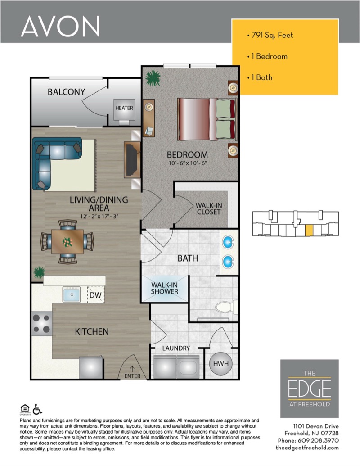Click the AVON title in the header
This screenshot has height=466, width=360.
pos(60,26)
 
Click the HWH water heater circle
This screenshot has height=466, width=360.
pos(220,363)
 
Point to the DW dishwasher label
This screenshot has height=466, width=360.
pos(95,295)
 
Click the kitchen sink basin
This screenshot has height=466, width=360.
pos(72,294)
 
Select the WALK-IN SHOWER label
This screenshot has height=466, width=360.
pos(165,288)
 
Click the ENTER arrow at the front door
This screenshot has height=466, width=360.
pos(132,369)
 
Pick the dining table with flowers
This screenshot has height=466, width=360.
pos(67,242)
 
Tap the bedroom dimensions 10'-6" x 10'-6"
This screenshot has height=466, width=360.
pos(188,163)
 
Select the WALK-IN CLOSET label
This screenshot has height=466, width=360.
pos(208,208)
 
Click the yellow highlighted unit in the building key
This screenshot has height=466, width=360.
pos(309,231)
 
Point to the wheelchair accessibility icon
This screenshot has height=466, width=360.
pos(37,409)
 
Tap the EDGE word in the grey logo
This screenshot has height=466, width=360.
pos(310,389)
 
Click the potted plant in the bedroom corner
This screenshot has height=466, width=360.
pos(153,78)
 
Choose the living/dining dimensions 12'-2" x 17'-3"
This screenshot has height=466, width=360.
pos(99,217)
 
